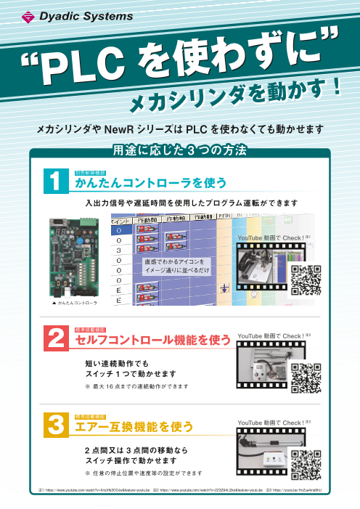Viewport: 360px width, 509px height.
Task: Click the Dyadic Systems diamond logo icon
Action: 28,14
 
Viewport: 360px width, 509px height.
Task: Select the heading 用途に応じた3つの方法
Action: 179,152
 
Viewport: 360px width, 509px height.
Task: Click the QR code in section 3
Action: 306,465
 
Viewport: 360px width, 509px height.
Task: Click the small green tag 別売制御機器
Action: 89,173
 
